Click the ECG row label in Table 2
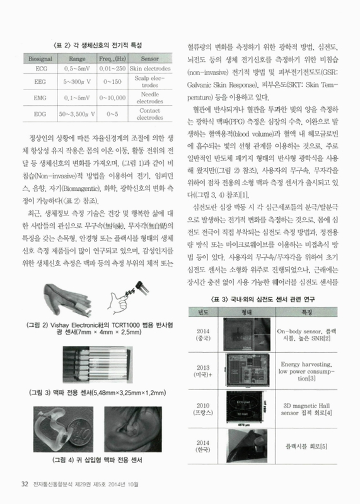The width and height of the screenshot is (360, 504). coord(41,68)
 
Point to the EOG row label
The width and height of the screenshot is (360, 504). coord(41,114)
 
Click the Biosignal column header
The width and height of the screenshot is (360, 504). coord(41,57)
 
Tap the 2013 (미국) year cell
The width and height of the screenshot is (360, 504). coord(204,372)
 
